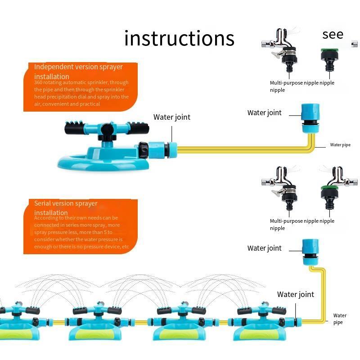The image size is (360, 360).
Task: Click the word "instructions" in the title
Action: pyautogui.click(x=179, y=38)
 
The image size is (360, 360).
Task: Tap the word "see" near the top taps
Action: pyautogui.click(x=333, y=35)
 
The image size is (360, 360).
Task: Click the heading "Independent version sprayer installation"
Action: pyautogui.click(x=78, y=72)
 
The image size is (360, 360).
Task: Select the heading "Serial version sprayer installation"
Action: pyautogui.click(x=66, y=208)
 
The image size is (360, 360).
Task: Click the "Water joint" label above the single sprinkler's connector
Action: pyautogui.click(x=171, y=117)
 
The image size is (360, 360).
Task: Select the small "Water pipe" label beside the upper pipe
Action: pyautogui.click(x=340, y=145)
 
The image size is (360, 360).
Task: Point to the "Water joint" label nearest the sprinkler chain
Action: pyautogui.click(x=295, y=294)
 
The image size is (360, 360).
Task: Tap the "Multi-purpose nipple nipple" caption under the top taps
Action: pyautogui.click(x=301, y=86)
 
